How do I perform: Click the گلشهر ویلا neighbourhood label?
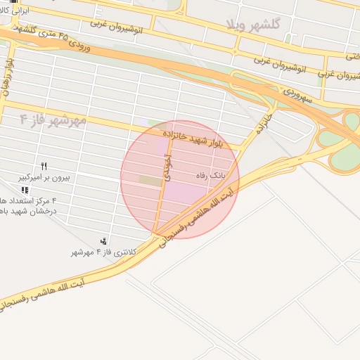pos(255,24)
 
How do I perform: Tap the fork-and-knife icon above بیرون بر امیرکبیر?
pos(44,166)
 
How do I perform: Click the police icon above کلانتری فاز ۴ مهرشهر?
pos(105,241)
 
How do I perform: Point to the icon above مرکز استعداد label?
pos(25,190)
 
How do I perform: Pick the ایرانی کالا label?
pos(16,13)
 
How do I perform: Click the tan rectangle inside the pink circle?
pos(150,181)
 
